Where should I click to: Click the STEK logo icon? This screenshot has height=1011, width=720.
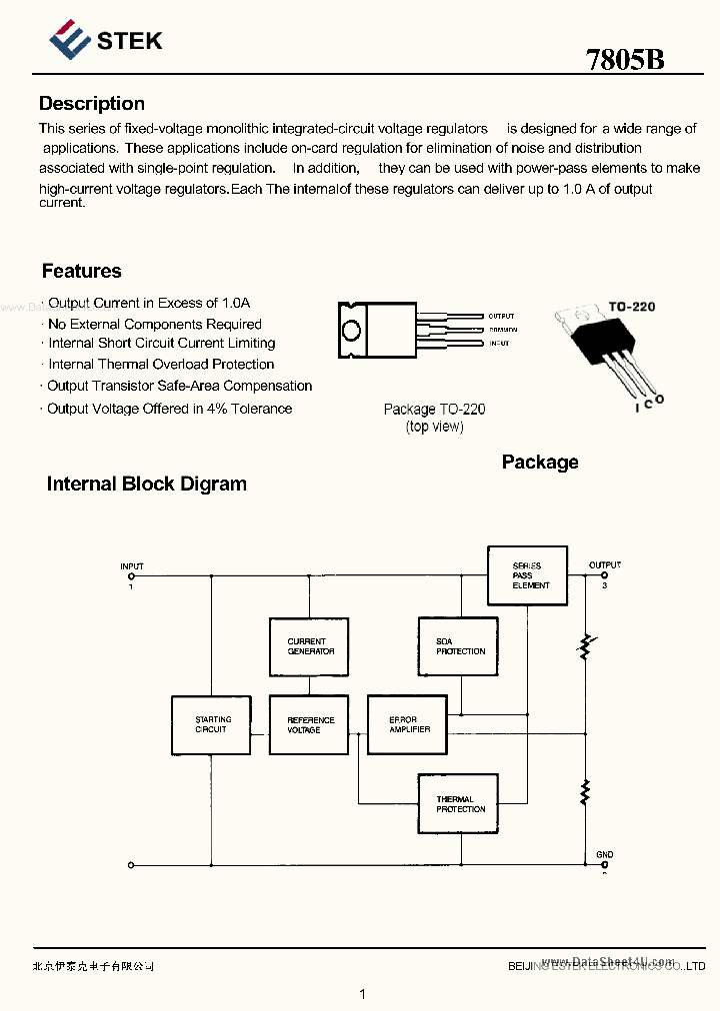[69, 41]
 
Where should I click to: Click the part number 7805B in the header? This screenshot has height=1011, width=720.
[625, 59]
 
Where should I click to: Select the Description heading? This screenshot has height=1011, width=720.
[91, 104]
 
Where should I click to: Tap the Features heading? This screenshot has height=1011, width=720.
[81, 271]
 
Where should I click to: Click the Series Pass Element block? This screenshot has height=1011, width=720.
[527, 575]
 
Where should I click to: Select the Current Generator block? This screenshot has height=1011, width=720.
[309, 646]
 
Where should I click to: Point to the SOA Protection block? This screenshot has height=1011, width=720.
[458, 646]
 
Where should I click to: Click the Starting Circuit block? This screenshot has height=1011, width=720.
[211, 724]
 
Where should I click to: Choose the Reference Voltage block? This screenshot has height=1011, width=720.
[309, 724]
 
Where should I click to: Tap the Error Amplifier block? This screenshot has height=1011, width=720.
[406, 724]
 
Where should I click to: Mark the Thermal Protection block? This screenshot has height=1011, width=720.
[458, 804]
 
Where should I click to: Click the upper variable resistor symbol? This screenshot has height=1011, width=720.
[585, 646]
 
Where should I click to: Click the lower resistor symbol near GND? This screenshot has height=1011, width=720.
[585, 793]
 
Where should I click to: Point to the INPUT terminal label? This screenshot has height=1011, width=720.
[132, 566]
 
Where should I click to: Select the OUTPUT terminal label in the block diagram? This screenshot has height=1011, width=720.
[604, 565]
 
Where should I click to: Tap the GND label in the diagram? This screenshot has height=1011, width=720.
[604, 855]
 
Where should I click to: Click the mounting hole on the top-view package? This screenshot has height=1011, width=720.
[351, 330]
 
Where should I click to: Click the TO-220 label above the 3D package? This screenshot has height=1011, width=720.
[632, 307]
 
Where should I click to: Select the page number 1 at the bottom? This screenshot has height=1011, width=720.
[362, 994]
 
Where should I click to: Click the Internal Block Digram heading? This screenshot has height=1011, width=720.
[146, 484]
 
